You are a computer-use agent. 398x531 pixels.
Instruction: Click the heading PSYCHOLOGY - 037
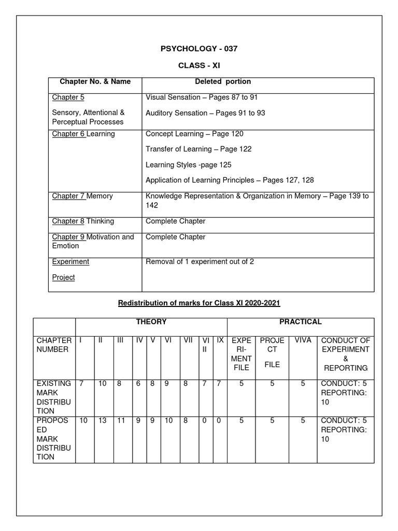point(199,49)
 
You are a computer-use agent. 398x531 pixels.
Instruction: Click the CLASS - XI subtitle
point(199,66)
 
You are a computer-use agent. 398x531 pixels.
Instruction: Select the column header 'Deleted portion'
point(223,81)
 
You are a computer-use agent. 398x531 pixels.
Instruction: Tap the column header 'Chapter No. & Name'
point(95,81)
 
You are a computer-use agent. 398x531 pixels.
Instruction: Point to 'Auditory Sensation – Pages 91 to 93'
point(205,113)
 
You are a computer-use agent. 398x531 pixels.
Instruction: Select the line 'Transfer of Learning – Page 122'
point(198,149)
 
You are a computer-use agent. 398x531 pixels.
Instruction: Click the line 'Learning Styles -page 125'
point(189,164)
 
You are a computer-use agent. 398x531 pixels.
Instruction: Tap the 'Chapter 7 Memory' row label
point(82,196)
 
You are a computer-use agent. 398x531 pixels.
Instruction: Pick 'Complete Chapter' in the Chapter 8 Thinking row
point(176,221)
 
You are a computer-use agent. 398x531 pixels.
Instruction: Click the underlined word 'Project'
point(63,277)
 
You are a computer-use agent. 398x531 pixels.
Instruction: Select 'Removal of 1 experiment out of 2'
point(200,262)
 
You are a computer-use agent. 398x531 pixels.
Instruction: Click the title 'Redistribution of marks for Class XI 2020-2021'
point(198,302)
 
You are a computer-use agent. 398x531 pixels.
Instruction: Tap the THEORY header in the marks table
point(151,322)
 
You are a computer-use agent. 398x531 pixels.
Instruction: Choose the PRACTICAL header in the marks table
point(301,322)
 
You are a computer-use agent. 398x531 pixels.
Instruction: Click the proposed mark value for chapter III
point(121,421)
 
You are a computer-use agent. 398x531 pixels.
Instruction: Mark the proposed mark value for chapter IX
point(220,421)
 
